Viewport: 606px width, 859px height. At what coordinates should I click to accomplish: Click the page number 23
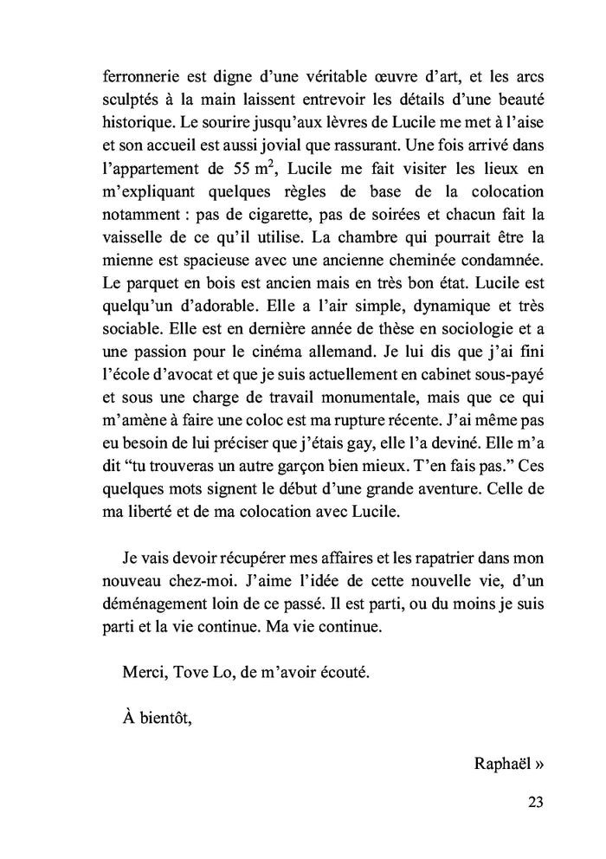535,801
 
